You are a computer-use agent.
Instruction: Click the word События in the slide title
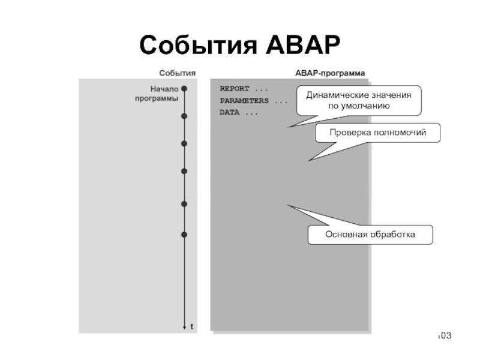coord(195,46)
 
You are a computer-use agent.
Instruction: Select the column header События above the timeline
coord(177,73)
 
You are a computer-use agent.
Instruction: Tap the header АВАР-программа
coord(330,73)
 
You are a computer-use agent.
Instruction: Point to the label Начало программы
coord(157,94)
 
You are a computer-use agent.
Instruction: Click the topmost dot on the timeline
coord(184,88)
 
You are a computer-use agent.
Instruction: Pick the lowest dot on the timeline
coord(184,234)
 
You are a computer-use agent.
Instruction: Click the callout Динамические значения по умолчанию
coord(359,100)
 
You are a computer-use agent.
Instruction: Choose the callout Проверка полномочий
coord(377,133)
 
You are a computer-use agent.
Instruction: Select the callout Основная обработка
coord(370,235)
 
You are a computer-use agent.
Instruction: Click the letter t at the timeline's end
coord(191,327)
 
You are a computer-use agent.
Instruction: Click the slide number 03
coord(444,334)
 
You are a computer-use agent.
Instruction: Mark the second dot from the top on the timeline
coord(184,116)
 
